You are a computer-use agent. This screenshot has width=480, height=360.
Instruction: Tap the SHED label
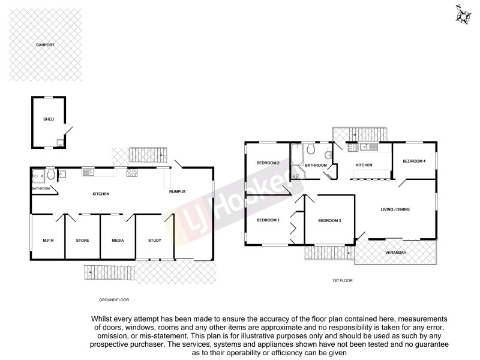click(x=49, y=119)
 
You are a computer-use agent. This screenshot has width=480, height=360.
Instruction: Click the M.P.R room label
click(x=49, y=240)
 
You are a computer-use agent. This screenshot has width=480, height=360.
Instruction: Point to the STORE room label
click(x=83, y=240)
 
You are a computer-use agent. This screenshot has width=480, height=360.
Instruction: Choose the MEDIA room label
click(x=118, y=240)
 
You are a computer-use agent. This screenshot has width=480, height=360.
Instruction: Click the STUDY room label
click(x=155, y=240)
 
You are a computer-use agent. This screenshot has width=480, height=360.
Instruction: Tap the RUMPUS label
click(x=178, y=191)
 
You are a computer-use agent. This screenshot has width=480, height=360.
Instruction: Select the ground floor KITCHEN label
click(x=100, y=194)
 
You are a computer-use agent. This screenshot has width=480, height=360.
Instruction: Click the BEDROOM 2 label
click(x=268, y=163)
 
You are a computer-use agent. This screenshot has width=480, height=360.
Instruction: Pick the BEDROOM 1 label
click(x=268, y=220)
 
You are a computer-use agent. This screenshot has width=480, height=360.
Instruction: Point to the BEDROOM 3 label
click(x=329, y=221)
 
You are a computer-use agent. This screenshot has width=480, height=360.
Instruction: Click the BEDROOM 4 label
click(x=414, y=161)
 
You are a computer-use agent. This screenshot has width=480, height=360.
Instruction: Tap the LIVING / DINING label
click(x=395, y=209)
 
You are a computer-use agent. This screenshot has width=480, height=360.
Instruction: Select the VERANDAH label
click(x=396, y=252)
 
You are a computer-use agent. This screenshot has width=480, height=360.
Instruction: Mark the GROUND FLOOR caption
click(x=114, y=299)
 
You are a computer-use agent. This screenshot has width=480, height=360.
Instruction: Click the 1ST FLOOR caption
click(x=342, y=280)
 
